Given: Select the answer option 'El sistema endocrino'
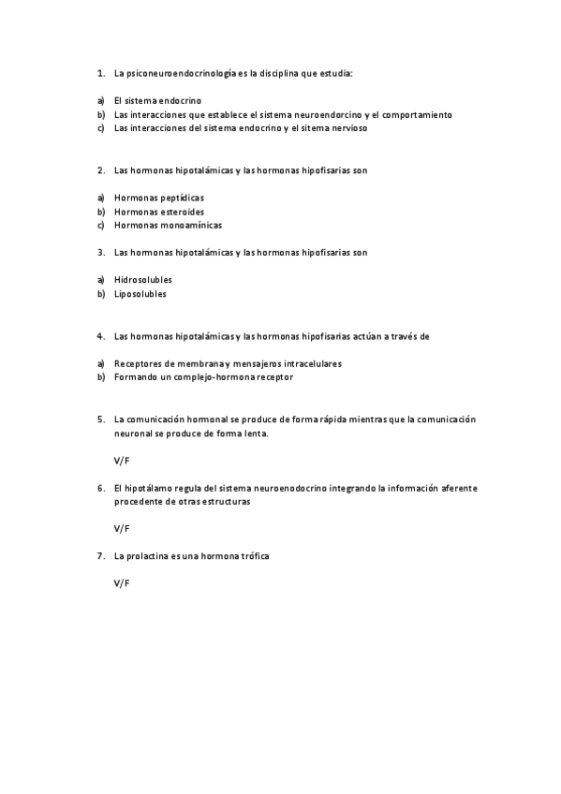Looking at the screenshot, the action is pyautogui.click(x=157, y=100).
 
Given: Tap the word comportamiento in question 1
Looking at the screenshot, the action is pyautogui.click(x=416, y=114).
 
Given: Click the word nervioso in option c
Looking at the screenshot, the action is pyautogui.click(x=347, y=128).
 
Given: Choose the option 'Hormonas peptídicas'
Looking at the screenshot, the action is pyautogui.click(x=158, y=198).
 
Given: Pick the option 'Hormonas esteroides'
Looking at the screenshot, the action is pyautogui.click(x=158, y=212).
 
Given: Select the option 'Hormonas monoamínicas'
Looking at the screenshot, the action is pyautogui.click(x=168, y=225).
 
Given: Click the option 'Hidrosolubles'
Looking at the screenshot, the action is pyautogui.click(x=142, y=280).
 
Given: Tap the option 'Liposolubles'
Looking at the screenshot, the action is pyautogui.click(x=140, y=294).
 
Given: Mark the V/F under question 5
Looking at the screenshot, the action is pyautogui.click(x=122, y=461).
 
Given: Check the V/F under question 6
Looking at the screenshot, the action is pyautogui.click(x=122, y=528).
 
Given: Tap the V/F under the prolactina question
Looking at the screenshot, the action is pyautogui.click(x=122, y=583).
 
